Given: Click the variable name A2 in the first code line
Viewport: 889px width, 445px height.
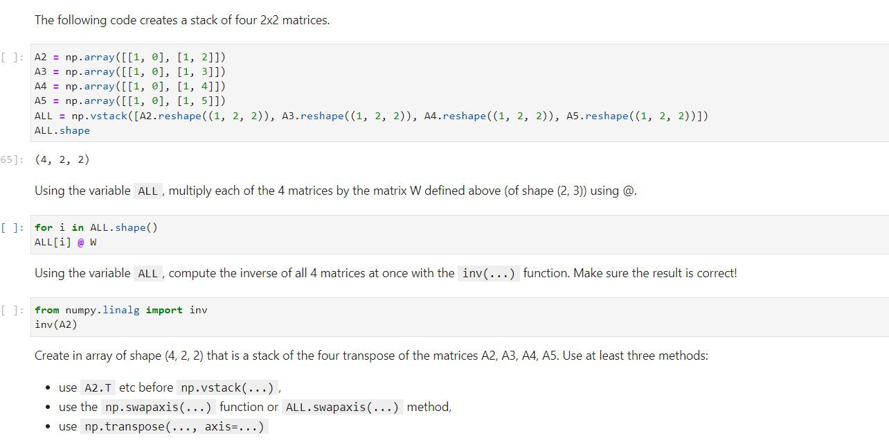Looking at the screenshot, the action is point(40,57).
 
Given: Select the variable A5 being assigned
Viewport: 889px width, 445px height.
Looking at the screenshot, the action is point(40,101).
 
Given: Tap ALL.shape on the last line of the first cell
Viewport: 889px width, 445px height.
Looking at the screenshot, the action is point(62,130).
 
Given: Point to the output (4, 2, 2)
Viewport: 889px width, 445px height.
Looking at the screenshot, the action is point(62,160).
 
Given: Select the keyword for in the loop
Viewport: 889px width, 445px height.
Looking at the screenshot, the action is point(43,227).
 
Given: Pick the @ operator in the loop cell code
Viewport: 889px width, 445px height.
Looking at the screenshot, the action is point(80,242).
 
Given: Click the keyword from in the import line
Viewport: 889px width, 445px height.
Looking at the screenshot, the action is point(46,310).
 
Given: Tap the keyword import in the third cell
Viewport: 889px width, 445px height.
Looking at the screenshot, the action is point(164,310).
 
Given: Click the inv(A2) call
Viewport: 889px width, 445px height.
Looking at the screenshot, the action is point(55,324).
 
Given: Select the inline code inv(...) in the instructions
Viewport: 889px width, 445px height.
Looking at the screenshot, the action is point(488,273).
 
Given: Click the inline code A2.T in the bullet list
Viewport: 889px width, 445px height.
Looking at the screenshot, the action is point(98,387).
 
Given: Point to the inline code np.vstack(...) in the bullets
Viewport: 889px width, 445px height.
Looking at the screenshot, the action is point(228,387).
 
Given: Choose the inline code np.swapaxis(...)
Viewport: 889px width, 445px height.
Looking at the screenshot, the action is point(159,407).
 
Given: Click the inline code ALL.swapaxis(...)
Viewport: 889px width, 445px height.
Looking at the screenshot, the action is point(342,407).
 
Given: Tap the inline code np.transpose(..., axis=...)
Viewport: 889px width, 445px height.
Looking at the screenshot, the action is point(174,426).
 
